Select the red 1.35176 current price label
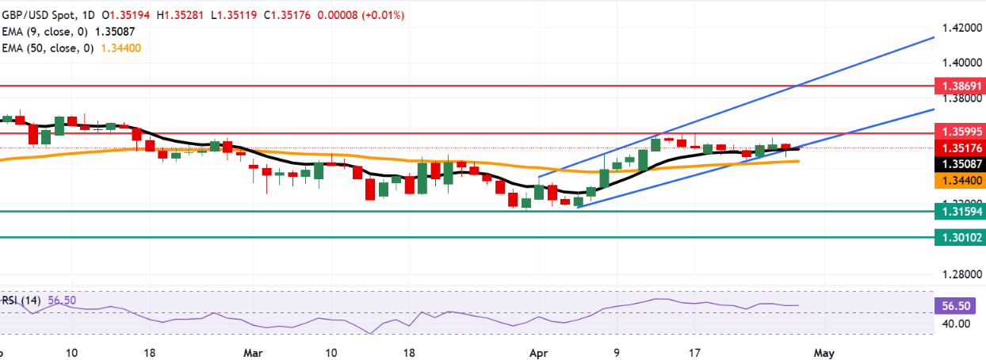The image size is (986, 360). [959, 148]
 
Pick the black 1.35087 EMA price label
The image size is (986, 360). [959, 164]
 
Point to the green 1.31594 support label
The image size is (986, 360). [959, 211]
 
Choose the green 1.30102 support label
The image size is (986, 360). [959, 236]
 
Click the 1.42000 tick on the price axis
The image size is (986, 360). [959, 28]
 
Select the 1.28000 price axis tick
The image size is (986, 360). [959, 274]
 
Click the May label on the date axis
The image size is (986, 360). [824, 350]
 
